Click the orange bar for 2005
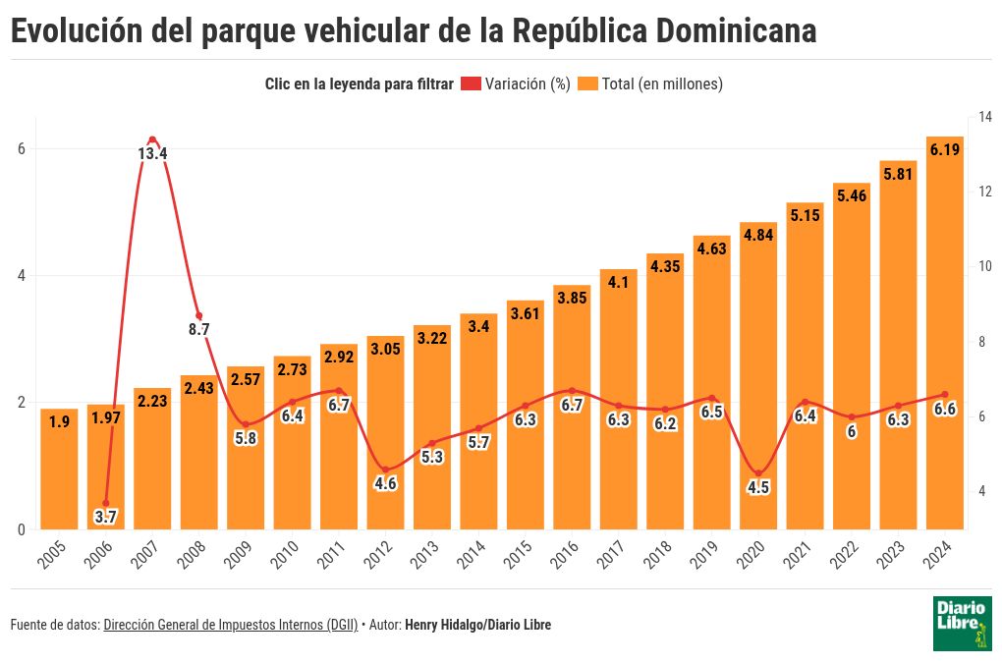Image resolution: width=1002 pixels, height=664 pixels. click(x=59, y=471)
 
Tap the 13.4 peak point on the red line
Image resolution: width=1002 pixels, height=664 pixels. click(x=152, y=139)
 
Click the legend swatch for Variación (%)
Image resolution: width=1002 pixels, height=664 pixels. click(x=471, y=84)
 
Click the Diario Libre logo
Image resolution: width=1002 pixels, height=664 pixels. click(x=962, y=623)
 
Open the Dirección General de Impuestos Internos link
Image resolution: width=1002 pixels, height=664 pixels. click(x=230, y=625)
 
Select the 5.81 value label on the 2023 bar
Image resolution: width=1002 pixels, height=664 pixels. click(x=898, y=174)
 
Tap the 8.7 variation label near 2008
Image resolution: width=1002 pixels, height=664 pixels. click(x=199, y=329)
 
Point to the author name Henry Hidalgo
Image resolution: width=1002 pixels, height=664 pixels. click(x=441, y=625)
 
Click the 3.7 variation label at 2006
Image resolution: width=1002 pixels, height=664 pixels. click(x=106, y=515)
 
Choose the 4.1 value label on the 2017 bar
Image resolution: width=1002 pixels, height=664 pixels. click(x=619, y=282)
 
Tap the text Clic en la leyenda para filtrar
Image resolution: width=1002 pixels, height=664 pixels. click(x=359, y=84)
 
